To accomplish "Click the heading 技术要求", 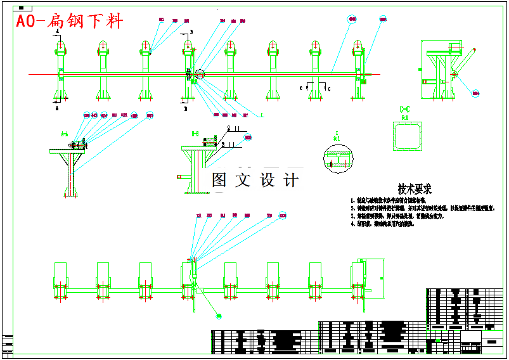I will (x=415, y=188).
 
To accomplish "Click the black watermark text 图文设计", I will (x=255, y=180).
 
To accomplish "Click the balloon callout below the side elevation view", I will (x=476, y=93).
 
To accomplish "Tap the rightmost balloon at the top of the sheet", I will (x=383, y=20).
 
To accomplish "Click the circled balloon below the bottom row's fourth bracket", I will (x=219, y=315).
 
